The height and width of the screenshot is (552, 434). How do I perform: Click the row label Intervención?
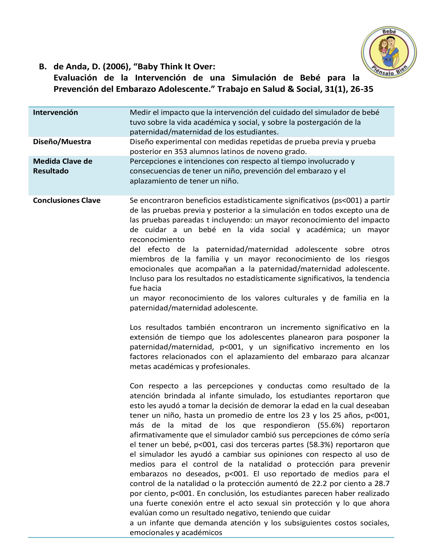pyautogui.click(x=55, y=113)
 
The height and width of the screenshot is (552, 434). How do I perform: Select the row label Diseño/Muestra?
pyautogui.click(x=62, y=142)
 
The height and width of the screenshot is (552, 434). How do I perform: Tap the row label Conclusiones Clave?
pyautogui.click(x=67, y=200)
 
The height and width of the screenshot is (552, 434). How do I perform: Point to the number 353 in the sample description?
pyautogui.click(x=180, y=152)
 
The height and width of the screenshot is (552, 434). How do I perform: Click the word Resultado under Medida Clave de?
pyautogui.click(x=51, y=171)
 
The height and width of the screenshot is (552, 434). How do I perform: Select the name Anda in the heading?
pyautogui.click(x=76, y=67)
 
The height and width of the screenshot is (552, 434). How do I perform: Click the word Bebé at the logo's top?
pyautogui.click(x=389, y=32)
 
